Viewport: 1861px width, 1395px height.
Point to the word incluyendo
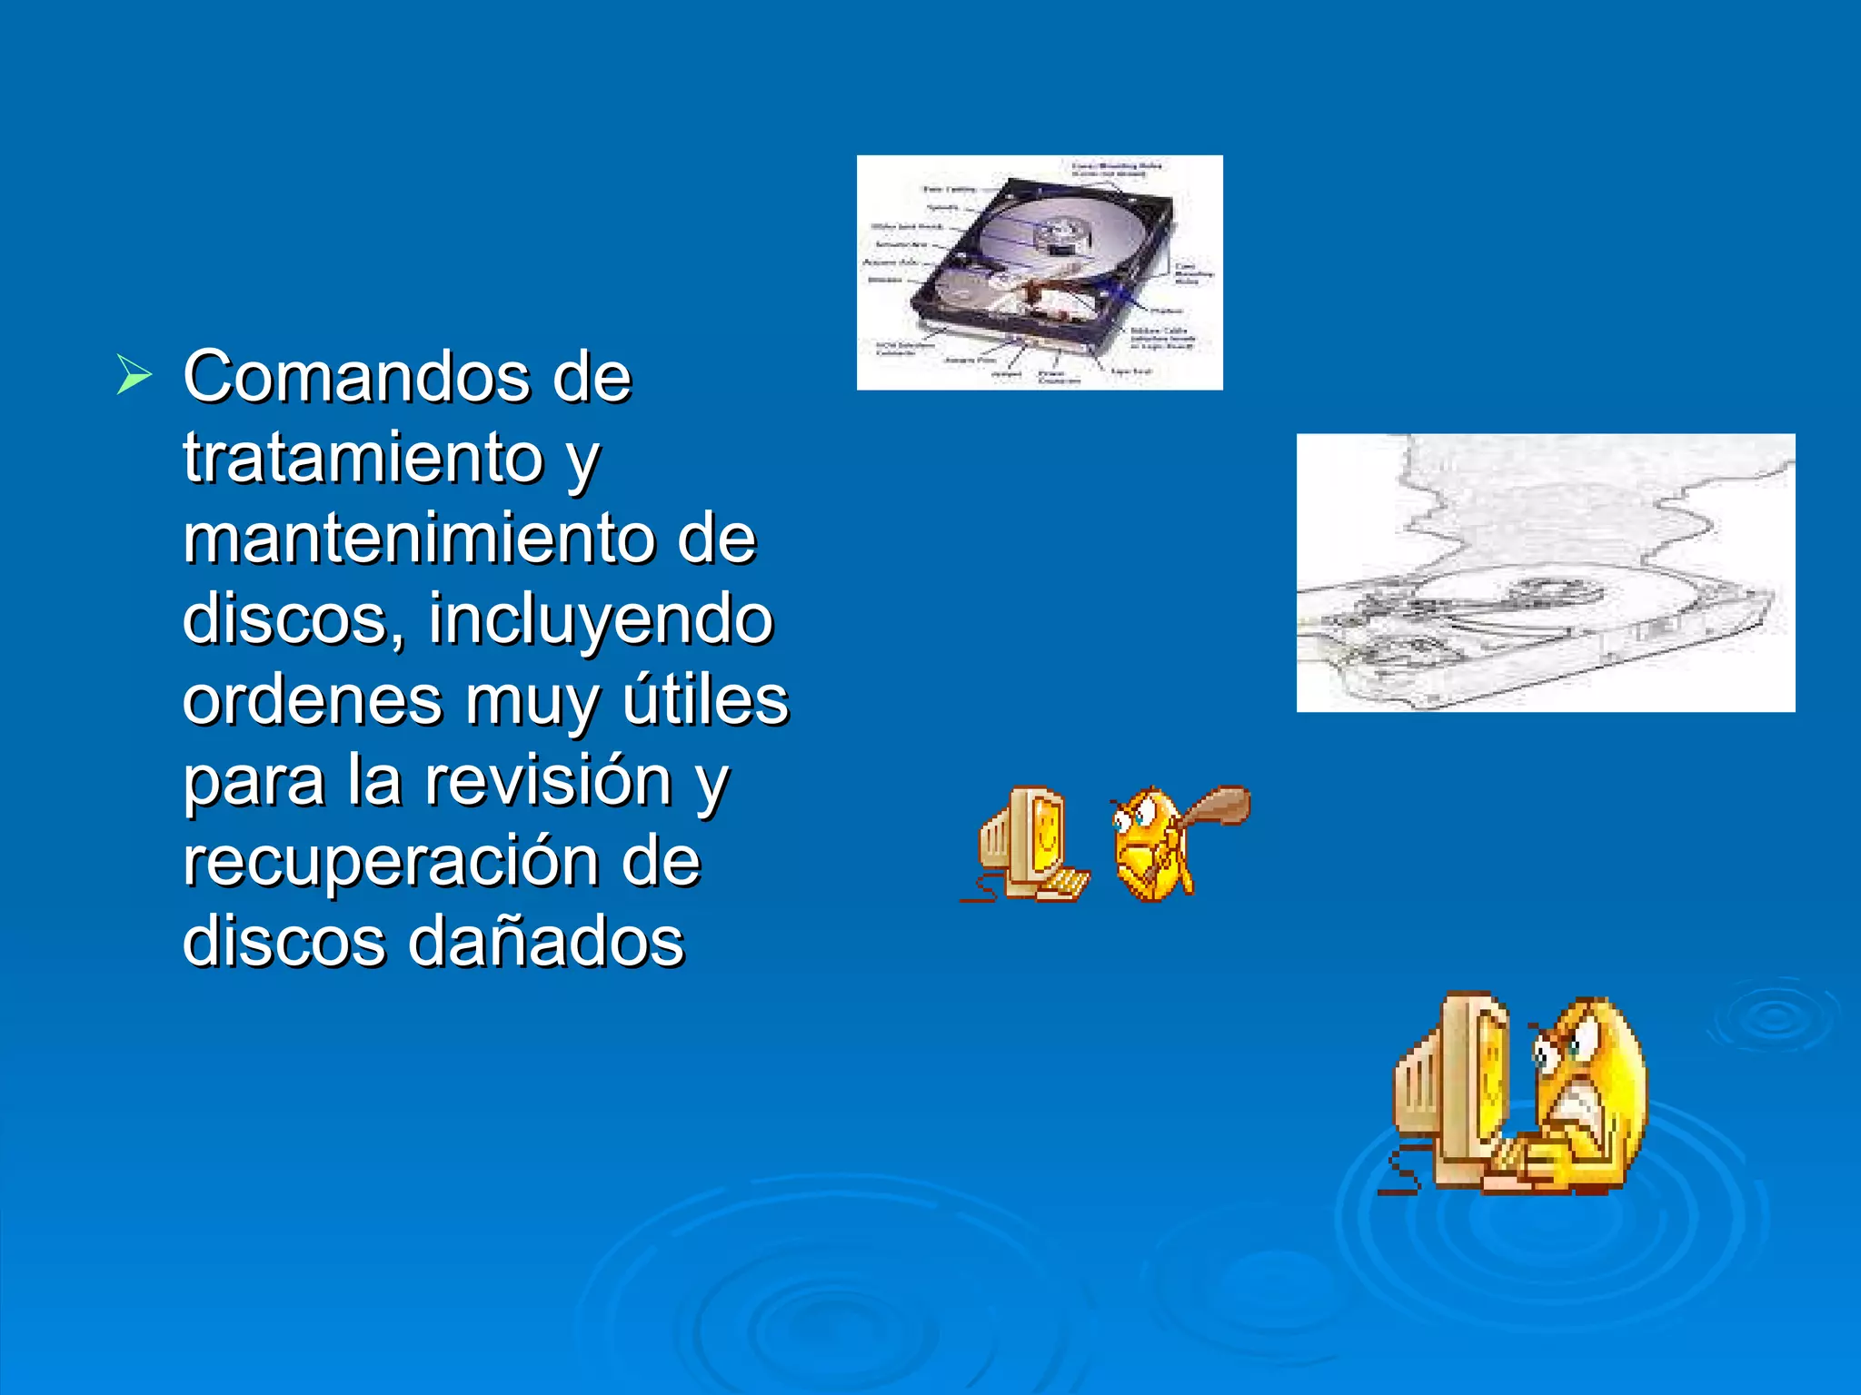(601, 618)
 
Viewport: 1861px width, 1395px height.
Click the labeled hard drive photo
(1040, 272)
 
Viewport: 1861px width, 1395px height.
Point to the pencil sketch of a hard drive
(1545, 573)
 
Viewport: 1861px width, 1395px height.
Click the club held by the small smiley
(1216, 806)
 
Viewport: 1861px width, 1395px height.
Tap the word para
(254, 782)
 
